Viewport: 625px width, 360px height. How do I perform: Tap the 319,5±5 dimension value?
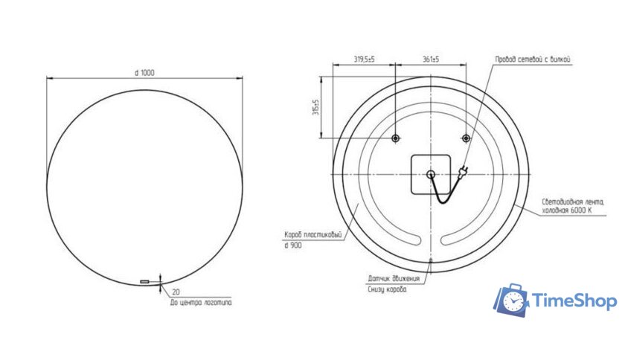[x=364, y=59]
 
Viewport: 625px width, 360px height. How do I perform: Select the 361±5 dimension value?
[x=430, y=59]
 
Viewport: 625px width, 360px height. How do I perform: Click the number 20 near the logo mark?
[x=176, y=292]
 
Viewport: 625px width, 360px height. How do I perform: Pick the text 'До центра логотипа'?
[x=200, y=303]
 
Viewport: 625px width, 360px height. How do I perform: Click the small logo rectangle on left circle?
[x=144, y=282]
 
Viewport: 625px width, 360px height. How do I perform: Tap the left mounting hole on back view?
[x=395, y=138]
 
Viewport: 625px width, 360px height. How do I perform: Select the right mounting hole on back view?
[x=466, y=138]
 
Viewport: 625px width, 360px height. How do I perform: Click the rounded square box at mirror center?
[x=431, y=174]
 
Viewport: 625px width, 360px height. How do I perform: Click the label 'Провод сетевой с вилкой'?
[x=533, y=59]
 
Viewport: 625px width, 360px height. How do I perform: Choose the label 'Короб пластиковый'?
[x=312, y=234]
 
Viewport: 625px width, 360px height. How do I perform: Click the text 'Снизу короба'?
[x=387, y=289]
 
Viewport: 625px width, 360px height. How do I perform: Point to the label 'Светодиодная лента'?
[x=573, y=202]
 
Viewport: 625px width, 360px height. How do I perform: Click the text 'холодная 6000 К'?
[x=567, y=211]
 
